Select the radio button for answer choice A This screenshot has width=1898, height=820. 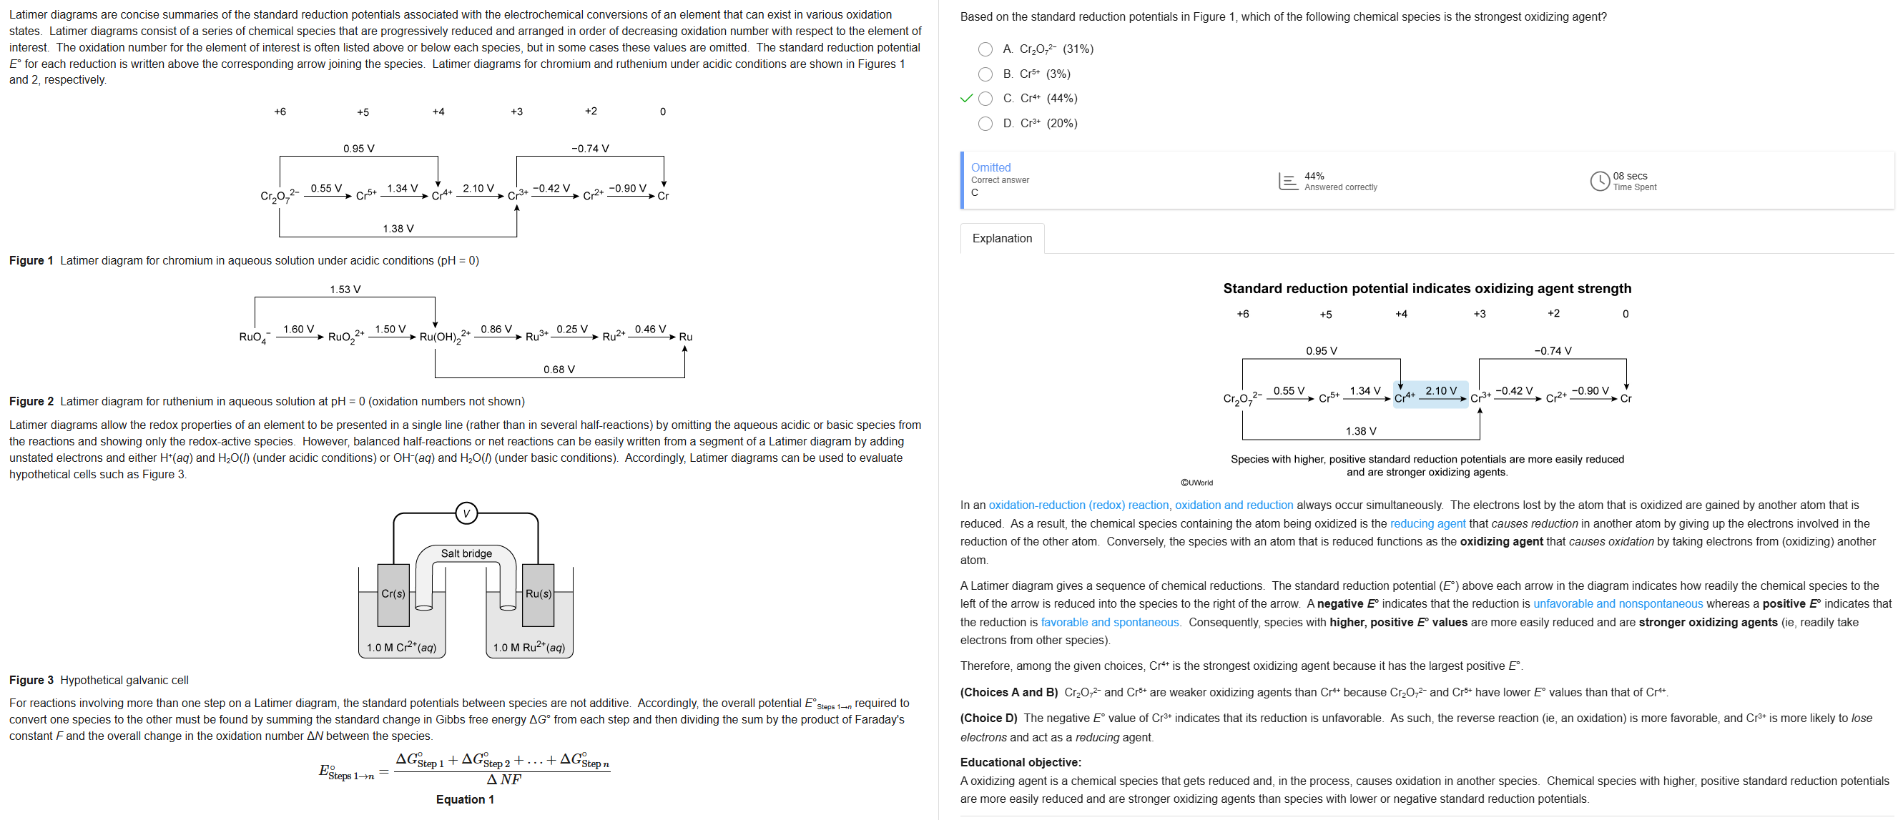coord(985,49)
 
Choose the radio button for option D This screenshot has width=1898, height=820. coord(985,124)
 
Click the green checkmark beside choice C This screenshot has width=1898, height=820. coord(967,99)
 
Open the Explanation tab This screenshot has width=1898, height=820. coord(1001,239)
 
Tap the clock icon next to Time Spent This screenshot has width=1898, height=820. coord(1599,182)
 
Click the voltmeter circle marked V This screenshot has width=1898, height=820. coord(466,513)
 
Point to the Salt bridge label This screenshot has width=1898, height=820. coord(466,553)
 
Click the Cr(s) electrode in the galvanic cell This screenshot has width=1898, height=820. coord(393,594)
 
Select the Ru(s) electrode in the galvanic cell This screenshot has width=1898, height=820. coord(538,594)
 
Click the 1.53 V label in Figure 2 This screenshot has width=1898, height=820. coord(345,290)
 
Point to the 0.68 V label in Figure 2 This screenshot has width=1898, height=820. coord(559,370)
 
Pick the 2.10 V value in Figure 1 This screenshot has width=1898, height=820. coord(478,189)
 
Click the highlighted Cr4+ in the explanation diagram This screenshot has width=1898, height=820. coord(1405,397)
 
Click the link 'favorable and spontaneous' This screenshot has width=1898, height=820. coord(1110,623)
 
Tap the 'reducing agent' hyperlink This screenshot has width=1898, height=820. coord(1427,524)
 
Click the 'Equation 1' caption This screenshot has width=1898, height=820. coord(465,800)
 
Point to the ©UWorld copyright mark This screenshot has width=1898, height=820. coord(1196,483)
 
